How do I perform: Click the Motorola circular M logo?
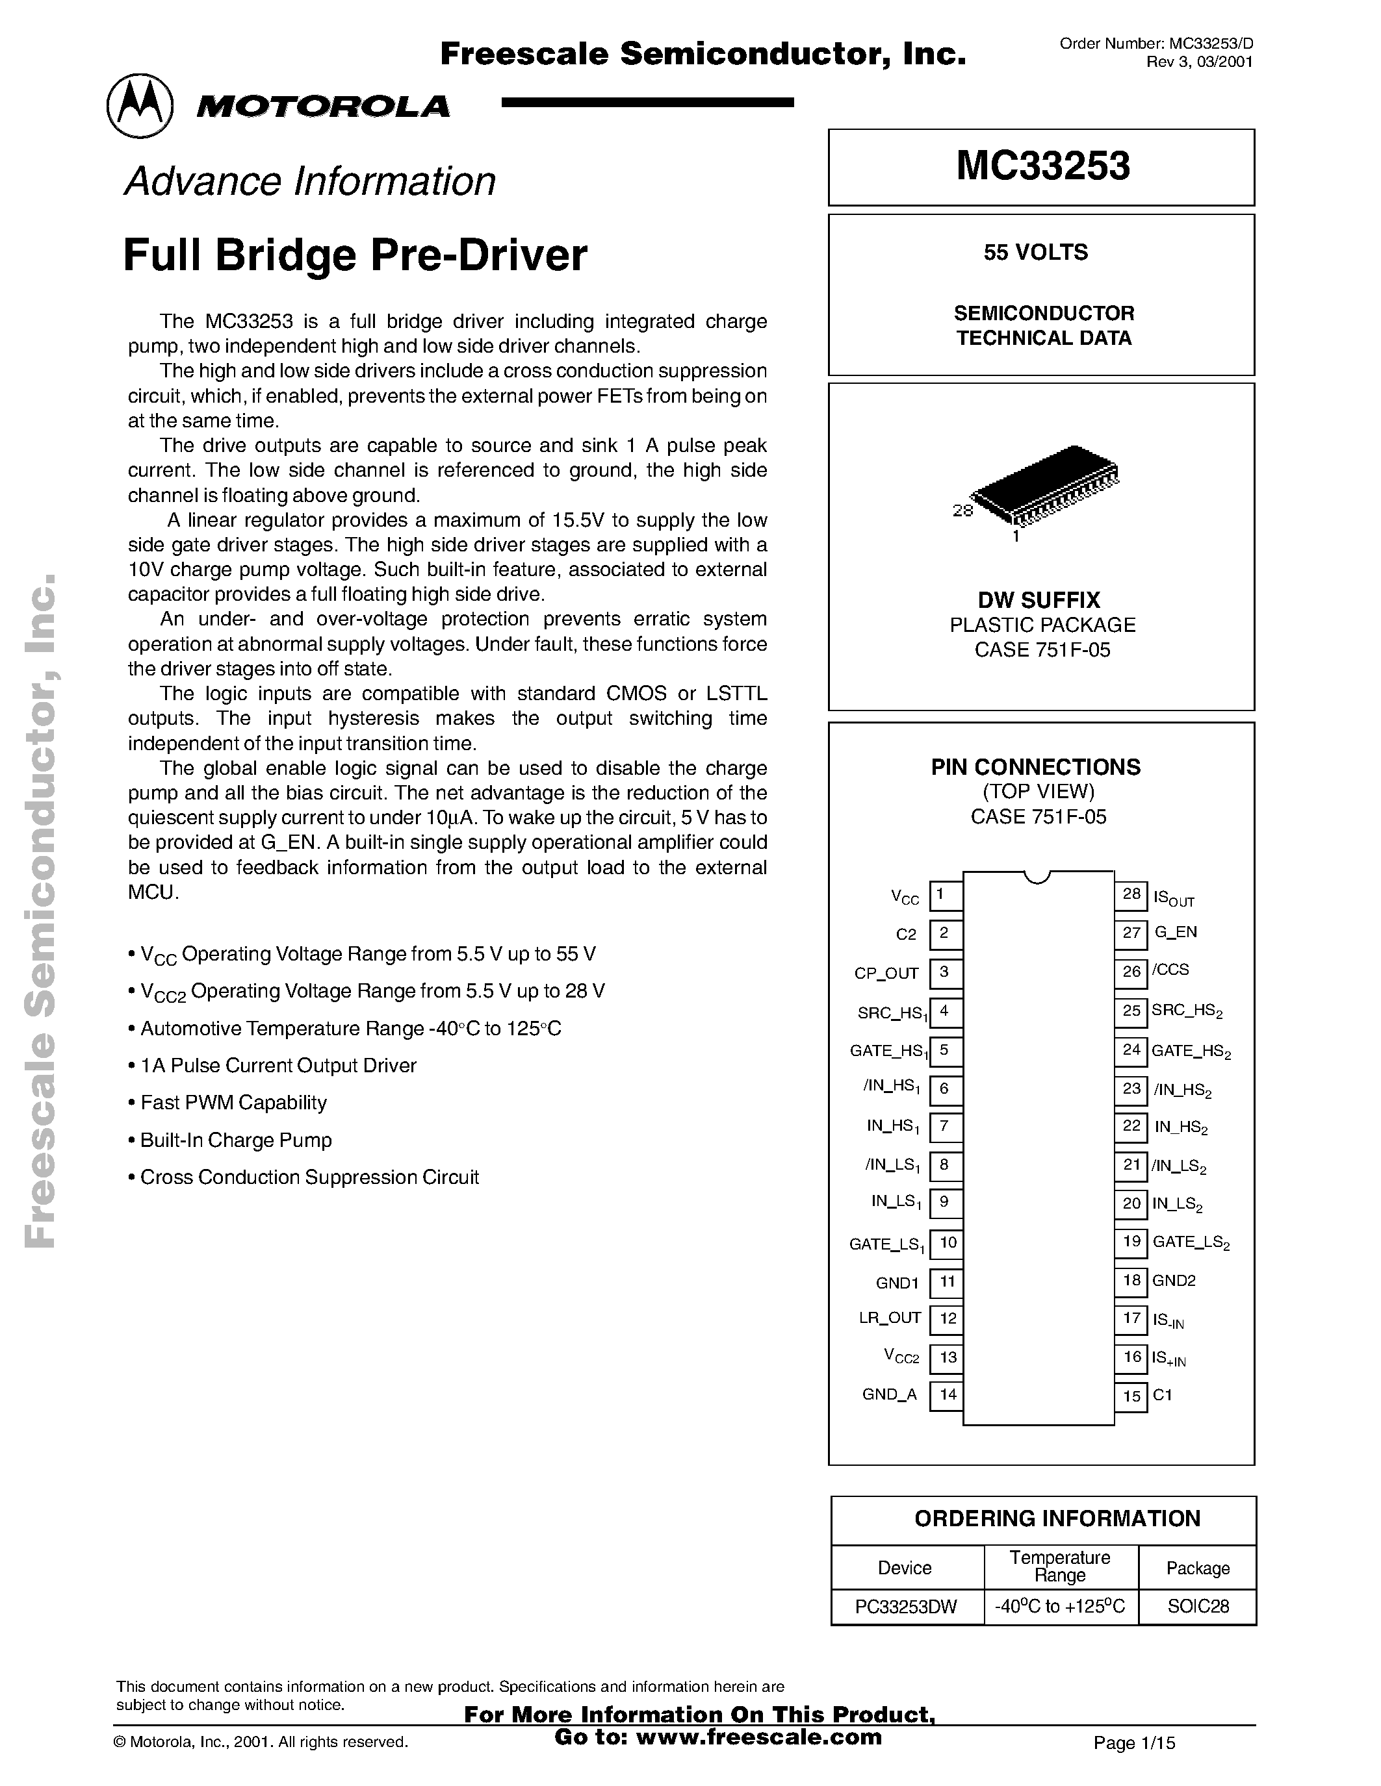coord(140,107)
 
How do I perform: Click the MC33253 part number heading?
coord(1042,166)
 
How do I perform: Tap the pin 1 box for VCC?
coord(945,895)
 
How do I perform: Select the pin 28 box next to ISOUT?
coord(1131,895)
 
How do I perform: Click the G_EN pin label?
coord(1176,932)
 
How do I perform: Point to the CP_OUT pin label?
coord(886,973)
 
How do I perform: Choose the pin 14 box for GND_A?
coord(947,1394)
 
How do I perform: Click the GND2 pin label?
coord(1174,1281)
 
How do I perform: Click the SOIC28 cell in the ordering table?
coord(1198,1606)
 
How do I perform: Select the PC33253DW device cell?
coord(906,1606)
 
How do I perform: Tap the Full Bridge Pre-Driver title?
coord(355,255)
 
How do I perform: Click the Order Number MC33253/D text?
coord(1156,44)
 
